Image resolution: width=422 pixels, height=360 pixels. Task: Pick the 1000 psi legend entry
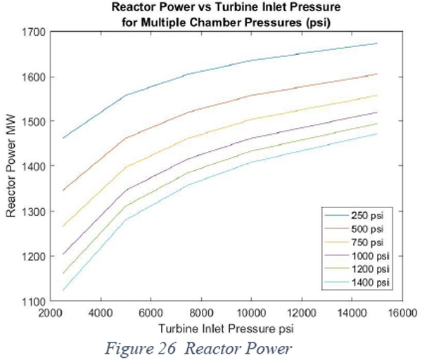click(357, 256)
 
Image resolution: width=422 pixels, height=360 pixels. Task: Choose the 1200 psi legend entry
click(357, 269)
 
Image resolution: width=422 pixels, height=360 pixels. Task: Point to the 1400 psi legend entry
click(357, 282)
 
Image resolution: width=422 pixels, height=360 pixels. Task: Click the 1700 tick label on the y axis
click(33, 32)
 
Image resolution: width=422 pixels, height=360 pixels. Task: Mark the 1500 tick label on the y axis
click(33, 122)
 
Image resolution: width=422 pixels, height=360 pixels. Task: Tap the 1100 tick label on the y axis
click(33, 302)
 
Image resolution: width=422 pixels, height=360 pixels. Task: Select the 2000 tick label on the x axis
click(51, 313)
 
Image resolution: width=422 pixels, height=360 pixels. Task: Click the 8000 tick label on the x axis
click(201, 313)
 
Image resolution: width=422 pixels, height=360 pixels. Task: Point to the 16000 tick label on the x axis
click(402, 313)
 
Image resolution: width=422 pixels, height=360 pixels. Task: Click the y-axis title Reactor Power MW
click(11, 166)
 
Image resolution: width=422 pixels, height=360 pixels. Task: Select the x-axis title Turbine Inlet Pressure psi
click(226, 329)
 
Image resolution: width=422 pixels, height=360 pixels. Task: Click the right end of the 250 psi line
click(377, 43)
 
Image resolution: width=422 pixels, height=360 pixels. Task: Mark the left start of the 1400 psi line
click(63, 290)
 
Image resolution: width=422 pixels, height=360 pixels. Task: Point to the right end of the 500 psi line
click(377, 74)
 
